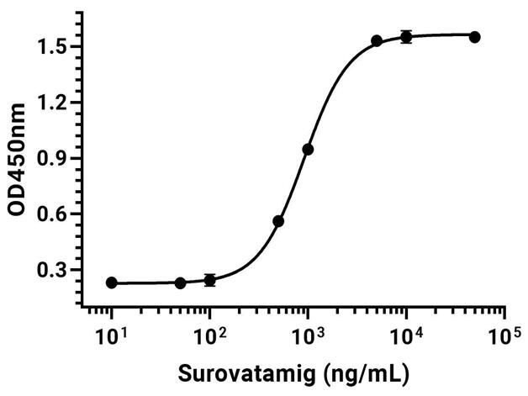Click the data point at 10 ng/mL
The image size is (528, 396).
click(x=112, y=282)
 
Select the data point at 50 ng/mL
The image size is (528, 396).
click(x=180, y=283)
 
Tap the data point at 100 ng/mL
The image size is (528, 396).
click(x=210, y=280)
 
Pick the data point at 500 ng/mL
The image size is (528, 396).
click(x=278, y=221)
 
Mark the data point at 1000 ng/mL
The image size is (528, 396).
click(x=308, y=150)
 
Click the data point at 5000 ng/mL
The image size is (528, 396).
click(x=377, y=41)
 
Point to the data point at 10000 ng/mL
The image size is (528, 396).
click(x=406, y=37)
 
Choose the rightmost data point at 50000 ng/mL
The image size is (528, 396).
click(x=475, y=37)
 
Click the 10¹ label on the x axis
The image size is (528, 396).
click(x=112, y=335)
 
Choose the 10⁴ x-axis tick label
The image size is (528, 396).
click(x=407, y=335)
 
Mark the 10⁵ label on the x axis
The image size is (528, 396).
click(x=505, y=335)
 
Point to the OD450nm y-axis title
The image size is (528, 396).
click(x=17, y=159)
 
